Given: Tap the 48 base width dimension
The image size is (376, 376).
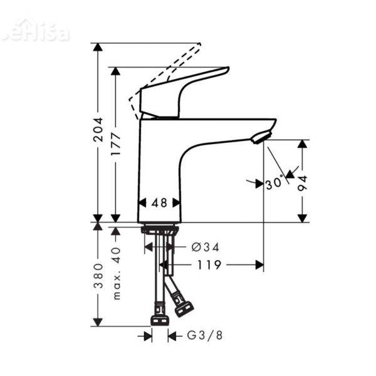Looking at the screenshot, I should (159, 202).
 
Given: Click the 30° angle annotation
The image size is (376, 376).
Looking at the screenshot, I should (273, 183).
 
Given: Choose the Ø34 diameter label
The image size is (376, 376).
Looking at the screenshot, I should (206, 248).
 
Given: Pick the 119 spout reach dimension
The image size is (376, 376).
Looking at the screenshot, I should (208, 265).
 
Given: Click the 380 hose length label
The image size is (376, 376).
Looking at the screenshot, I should (98, 276).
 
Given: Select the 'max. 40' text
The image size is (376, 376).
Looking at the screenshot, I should (117, 272).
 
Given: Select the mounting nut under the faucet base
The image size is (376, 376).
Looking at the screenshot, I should (159, 229).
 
